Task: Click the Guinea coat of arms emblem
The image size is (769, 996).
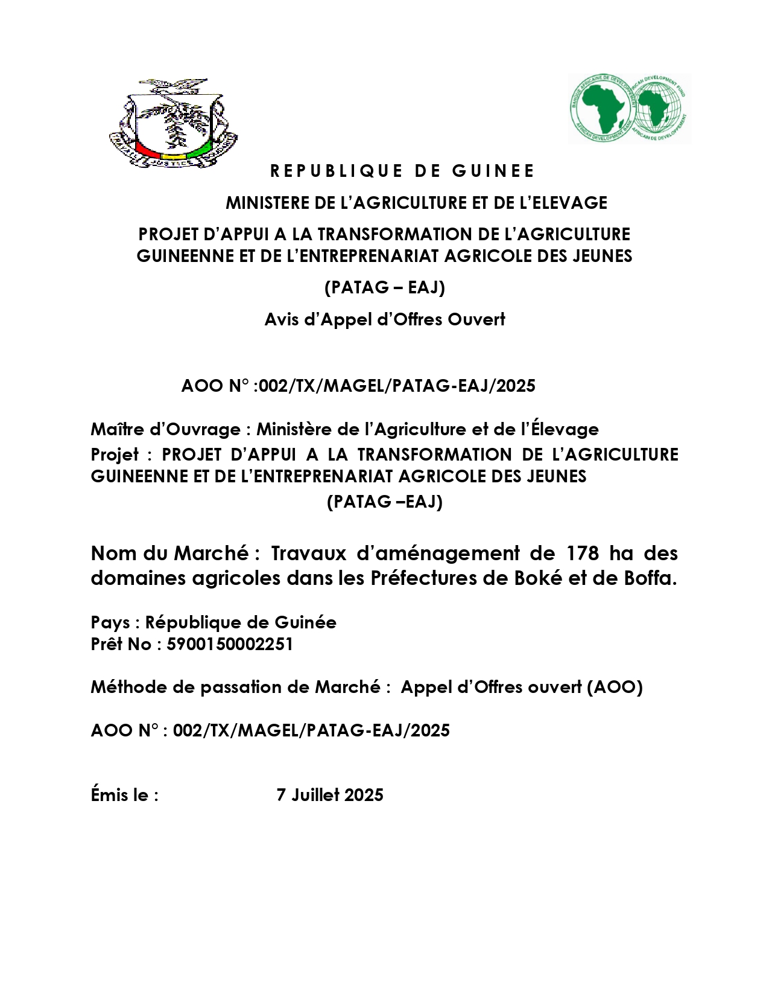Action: [173, 123]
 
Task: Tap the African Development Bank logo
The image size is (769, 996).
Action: [629, 109]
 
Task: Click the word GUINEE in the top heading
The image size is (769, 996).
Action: [493, 171]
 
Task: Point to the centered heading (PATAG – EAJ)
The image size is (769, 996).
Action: [385, 287]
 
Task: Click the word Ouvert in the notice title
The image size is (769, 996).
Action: [476, 319]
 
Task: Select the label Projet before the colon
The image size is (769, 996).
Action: [115, 455]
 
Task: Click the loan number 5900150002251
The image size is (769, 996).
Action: [230, 644]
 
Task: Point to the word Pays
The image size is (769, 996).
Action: [110, 622]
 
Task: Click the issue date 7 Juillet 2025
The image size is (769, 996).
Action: [330, 795]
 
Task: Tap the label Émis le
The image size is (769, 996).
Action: [124, 795]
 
